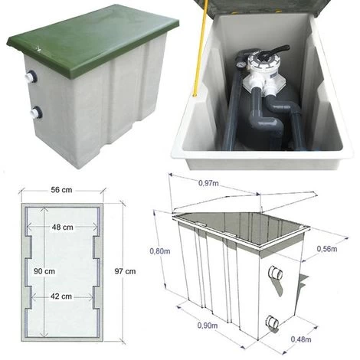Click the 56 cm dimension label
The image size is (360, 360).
[x=61, y=190]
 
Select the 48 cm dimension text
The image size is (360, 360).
[x=63, y=227]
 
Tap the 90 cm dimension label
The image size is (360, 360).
[x=44, y=271]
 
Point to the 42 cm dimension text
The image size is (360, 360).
[x=61, y=296]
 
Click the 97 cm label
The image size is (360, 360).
[x=125, y=271]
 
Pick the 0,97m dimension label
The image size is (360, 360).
[x=208, y=183]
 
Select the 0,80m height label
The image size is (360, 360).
[x=160, y=251]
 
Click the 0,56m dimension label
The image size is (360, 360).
[x=327, y=249]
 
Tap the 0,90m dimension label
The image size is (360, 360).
[x=208, y=326]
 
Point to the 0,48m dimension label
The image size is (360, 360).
[x=301, y=339]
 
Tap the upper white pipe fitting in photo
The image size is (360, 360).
[x=31, y=76]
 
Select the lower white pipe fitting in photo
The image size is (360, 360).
[x=36, y=112]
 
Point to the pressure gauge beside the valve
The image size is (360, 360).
[x=241, y=64]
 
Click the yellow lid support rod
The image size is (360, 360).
[x=200, y=48]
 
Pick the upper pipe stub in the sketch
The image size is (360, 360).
[x=276, y=273]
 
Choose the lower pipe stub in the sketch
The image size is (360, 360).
[x=273, y=322]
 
